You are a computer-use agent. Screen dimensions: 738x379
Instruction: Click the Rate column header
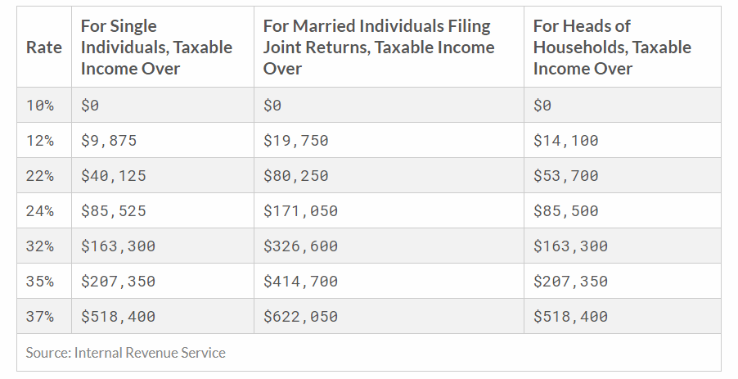(x=43, y=47)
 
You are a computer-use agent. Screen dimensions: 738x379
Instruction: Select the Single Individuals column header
(x=156, y=47)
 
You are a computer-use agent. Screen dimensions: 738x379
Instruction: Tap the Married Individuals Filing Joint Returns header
(x=379, y=47)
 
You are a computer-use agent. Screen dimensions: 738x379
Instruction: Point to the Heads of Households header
(x=612, y=47)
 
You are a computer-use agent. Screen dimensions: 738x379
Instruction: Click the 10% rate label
(x=39, y=105)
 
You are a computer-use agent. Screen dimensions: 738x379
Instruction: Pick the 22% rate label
(x=39, y=176)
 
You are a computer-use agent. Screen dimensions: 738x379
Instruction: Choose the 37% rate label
(x=39, y=317)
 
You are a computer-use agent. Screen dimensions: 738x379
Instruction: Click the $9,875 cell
(x=109, y=140)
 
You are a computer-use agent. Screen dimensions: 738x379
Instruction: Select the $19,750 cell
(x=295, y=140)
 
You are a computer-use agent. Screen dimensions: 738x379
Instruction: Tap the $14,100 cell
(x=565, y=140)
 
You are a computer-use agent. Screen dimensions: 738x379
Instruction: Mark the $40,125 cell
(x=114, y=176)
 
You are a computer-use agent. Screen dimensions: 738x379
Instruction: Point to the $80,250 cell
(x=295, y=176)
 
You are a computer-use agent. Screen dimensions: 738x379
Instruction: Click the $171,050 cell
(x=300, y=211)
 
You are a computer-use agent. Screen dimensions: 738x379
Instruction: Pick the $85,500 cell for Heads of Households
(x=565, y=211)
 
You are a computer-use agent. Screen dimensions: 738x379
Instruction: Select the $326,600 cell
(x=300, y=246)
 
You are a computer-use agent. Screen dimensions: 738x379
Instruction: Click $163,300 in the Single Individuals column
(x=118, y=246)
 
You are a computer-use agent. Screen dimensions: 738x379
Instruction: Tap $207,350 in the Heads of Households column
(x=570, y=281)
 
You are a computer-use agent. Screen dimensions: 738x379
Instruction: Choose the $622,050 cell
(x=300, y=317)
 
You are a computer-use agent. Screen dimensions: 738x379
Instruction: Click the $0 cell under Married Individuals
(x=272, y=105)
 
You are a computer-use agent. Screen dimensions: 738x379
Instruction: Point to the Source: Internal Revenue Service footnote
(x=126, y=353)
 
